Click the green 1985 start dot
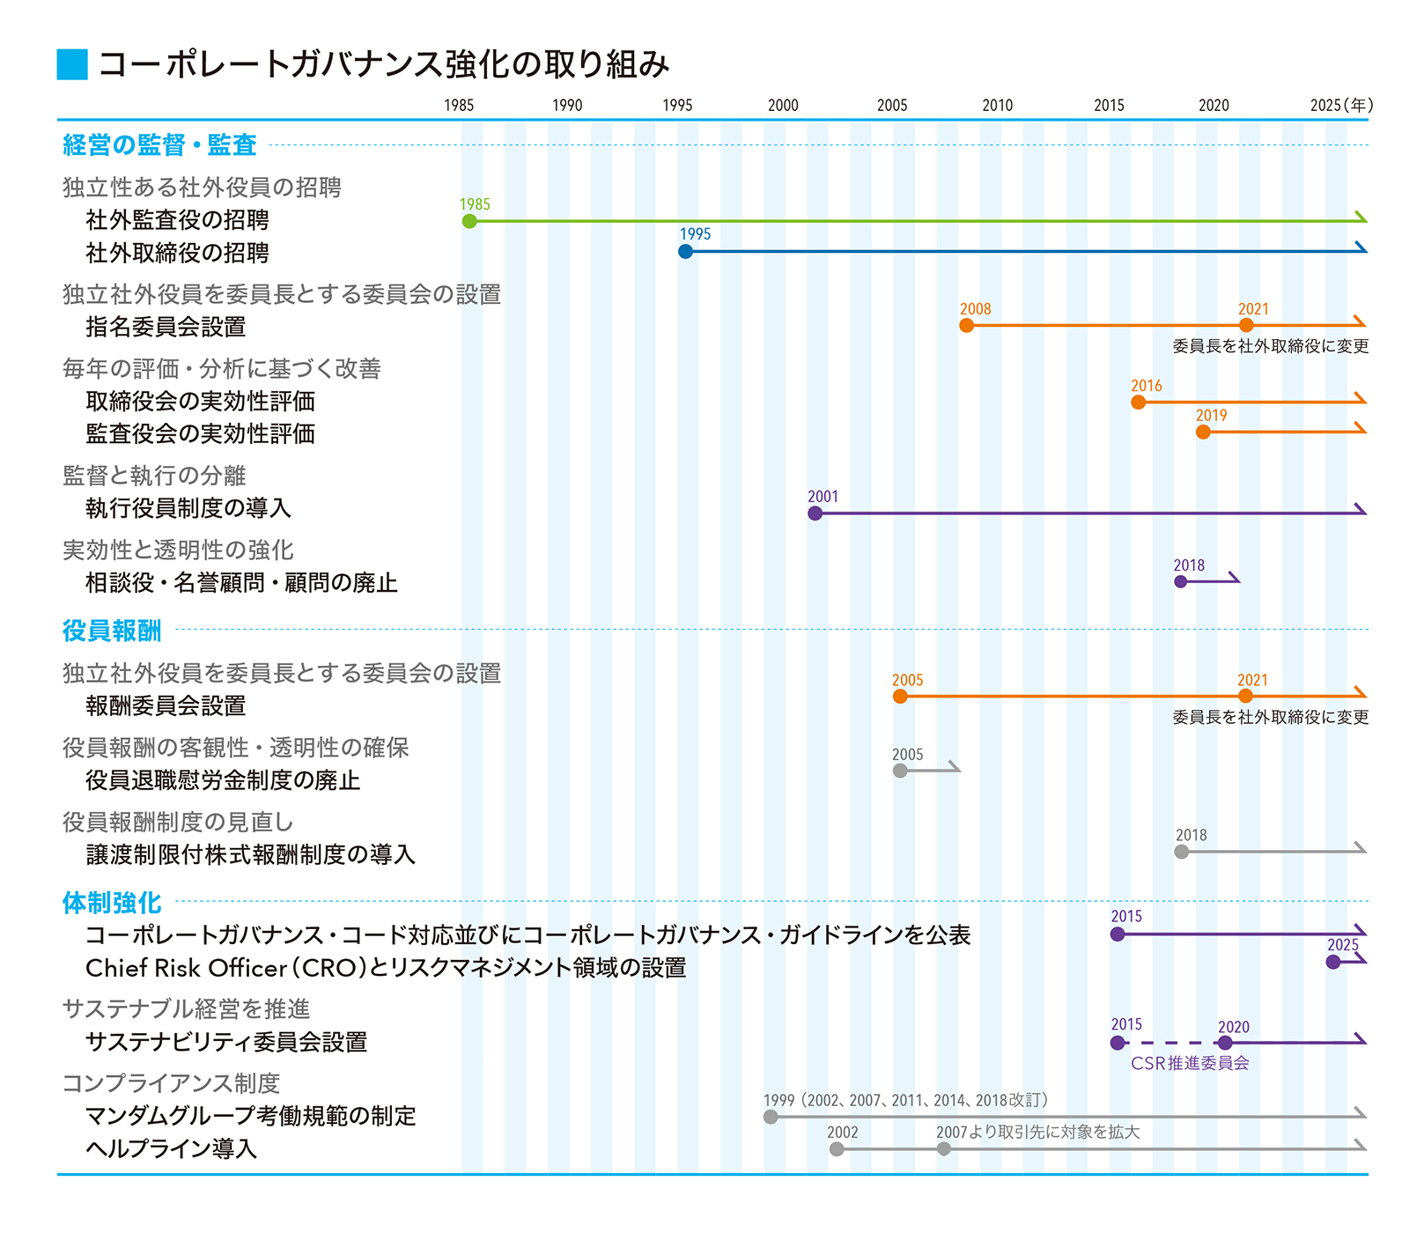469,221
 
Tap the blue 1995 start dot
685,252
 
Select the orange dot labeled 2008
966,326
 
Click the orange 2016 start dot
1138,402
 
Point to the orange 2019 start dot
1203,432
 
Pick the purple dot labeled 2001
815,513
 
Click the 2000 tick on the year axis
783,106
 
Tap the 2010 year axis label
998,106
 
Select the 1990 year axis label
567,106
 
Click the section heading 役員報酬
112,631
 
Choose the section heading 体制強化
112,903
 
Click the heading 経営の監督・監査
159,144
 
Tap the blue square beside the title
72,64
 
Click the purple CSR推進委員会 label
1190,1064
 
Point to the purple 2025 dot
1333,963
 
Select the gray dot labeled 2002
837,1149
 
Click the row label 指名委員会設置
166,327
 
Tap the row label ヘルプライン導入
171,1149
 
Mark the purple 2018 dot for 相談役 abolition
1181,581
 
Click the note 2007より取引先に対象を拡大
1037,1133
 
